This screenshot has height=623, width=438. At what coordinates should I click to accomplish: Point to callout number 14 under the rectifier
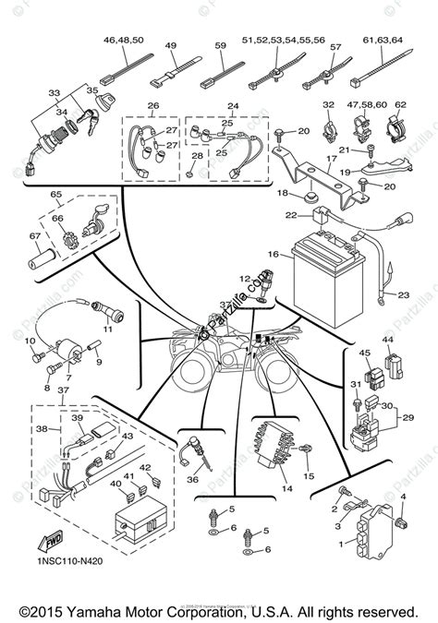click(287, 488)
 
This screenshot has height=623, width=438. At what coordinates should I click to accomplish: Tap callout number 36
click(193, 479)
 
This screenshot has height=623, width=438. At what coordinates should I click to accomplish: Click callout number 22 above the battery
click(290, 215)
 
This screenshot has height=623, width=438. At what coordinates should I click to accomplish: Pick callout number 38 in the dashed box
click(40, 428)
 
